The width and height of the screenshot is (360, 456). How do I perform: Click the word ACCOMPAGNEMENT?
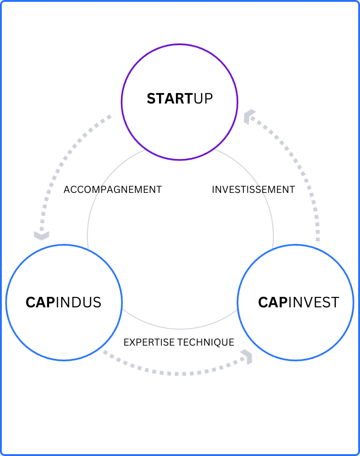pyautogui.click(x=113, y=189)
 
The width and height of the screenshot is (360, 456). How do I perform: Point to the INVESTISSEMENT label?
pyautogui.click(x=253, y=189)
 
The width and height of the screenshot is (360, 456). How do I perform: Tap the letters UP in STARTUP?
pyautogui.click(x=203, y=98)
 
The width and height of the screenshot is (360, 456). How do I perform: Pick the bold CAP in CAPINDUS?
pyautogui.click(x=40, y=302)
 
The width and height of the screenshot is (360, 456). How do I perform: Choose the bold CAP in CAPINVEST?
pyautogui.click(x=272, y=302)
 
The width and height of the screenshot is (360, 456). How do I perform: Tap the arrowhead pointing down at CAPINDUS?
pyautogui.click(x=41, y=235)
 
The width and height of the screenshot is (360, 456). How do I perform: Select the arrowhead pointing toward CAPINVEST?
pyautogui.click(x=248, y=357)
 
